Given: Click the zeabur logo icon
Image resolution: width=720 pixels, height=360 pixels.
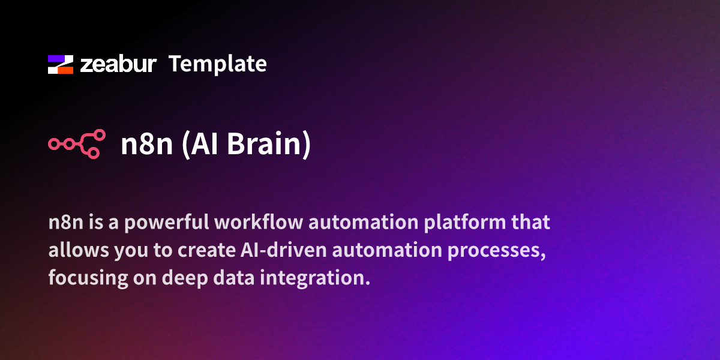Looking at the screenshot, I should [x=60, y=64].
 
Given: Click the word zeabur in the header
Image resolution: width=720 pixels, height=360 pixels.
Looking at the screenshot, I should [x=118, y=64].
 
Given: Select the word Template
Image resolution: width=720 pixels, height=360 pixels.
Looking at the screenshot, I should [x=217, y=64].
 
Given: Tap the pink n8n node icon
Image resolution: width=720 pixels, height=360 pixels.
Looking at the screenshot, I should [x=76, y=144].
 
